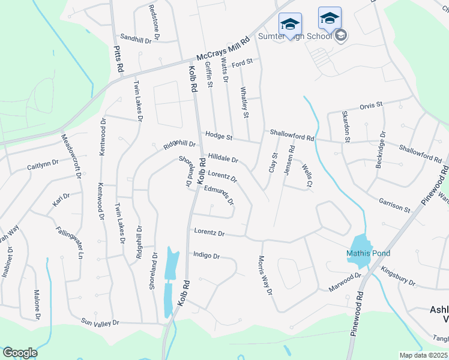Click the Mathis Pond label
click(368, 253)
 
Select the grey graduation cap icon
click(341, 35)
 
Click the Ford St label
click(245, 62)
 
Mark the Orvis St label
click(371, 106)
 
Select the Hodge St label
click(218, 136)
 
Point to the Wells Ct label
click(307, 175)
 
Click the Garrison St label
click(394, 205)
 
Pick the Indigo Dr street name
click(206, 256)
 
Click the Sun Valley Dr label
click(100, 323)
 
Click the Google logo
click(19, 353)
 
